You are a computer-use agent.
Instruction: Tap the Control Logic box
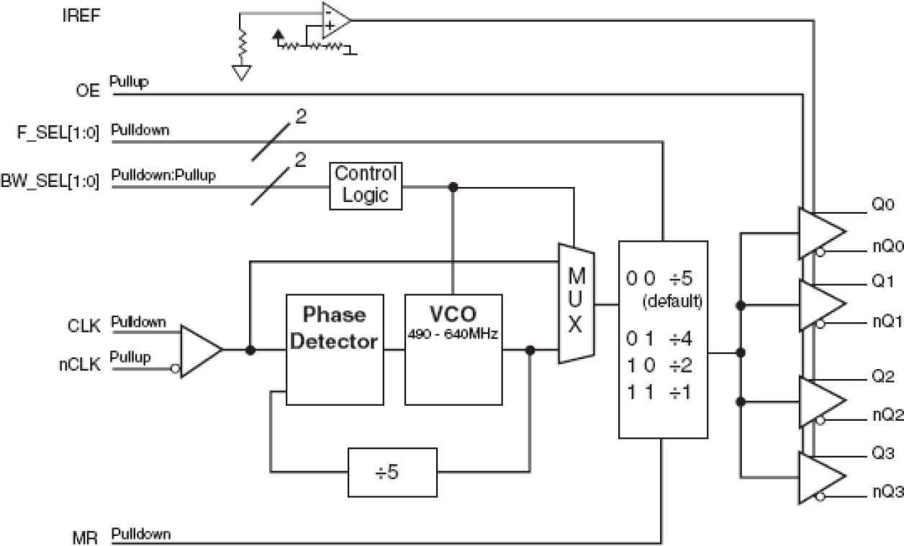[365, 186]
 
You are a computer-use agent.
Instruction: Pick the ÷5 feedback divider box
[392, 470]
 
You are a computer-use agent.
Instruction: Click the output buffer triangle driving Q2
[821, 401]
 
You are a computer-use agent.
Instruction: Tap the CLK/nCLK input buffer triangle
[199, 351]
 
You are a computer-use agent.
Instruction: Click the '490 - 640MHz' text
[453, 333]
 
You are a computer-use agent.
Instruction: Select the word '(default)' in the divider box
[672, 302]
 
